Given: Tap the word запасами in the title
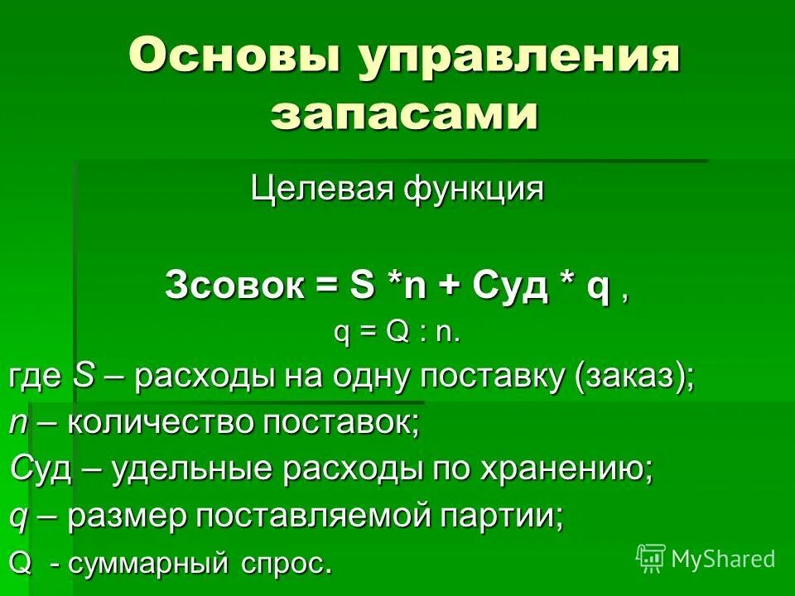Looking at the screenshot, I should pyautogui.click(x=405, y=114).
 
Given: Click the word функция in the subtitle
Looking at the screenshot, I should pyautogui.click(x=474, y=190).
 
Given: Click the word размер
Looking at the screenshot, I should pyautogui.click(x=127, y=517).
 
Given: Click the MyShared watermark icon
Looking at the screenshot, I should pyautogui.click(x=651, y=558).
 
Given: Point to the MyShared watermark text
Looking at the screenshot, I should pyautogui.click(x=723, y=559).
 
